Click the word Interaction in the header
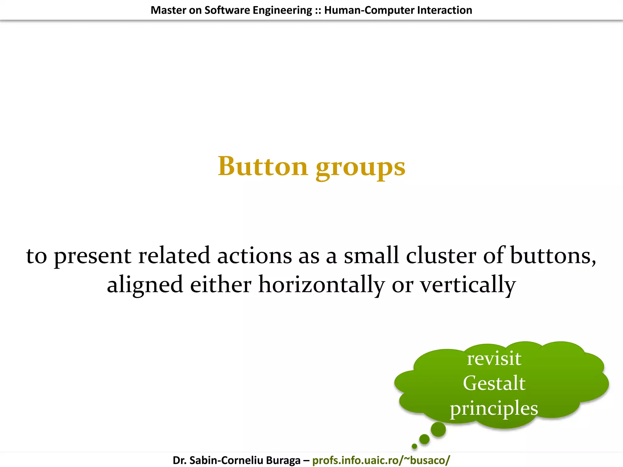pos(444,10)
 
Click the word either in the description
pos(221,285)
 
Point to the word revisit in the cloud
pos(494,358)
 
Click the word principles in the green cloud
pos(494,409)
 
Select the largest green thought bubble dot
pos(438,430)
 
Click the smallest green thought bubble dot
pos(414,446)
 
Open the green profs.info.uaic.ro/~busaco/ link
pos(381,460)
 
